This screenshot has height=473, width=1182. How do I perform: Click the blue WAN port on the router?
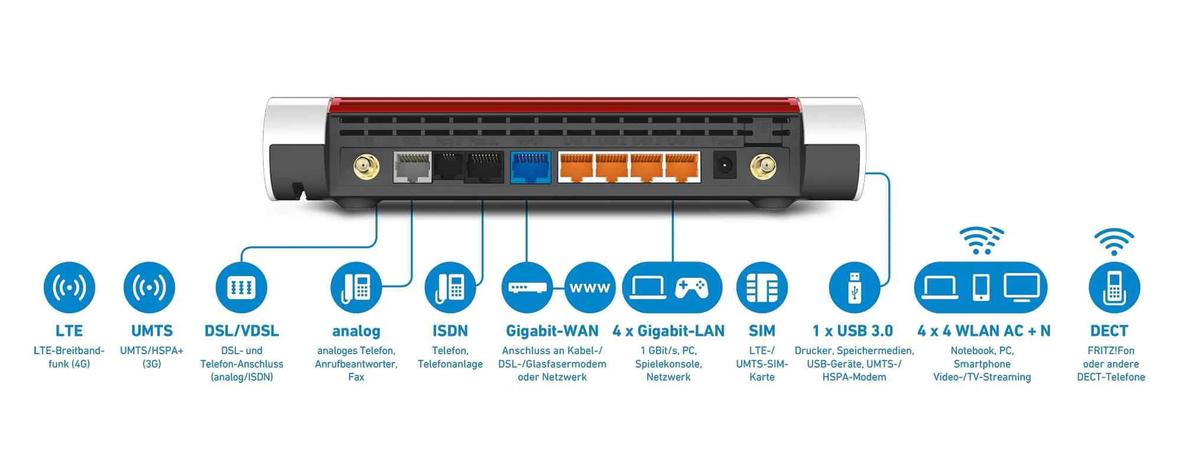click(530, 167)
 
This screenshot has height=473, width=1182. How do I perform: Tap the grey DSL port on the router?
click(413, 167)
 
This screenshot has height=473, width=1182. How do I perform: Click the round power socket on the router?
click(725, 166)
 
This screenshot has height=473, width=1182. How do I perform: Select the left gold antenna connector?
click(366, 167)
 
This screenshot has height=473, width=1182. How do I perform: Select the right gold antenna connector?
click(763, 167)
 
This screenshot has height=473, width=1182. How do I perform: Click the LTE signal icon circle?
click(69, 288)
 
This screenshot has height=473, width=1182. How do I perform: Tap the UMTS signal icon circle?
click(149, 288)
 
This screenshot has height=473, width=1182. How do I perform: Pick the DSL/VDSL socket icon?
click(241, 288)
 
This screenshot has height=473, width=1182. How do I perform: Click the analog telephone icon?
click(356, 288)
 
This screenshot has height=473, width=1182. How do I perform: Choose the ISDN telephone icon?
click(450, 288)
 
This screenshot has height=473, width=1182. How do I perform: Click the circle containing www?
click(590, 288)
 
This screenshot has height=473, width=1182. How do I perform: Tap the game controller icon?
click(691, 287)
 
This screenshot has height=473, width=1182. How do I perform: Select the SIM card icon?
click(762, 288)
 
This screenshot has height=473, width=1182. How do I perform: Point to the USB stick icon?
click(855, 288)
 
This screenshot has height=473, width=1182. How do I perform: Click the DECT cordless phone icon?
click(1114, 288)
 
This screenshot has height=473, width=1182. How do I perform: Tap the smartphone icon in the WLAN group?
click(981, 287)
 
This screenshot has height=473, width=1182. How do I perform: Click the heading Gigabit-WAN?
click(552, 331)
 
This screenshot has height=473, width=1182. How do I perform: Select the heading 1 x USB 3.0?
click(852, 331)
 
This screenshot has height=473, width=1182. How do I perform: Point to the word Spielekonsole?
click(668, 364)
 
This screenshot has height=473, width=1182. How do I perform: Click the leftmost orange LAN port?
click(576, 167)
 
